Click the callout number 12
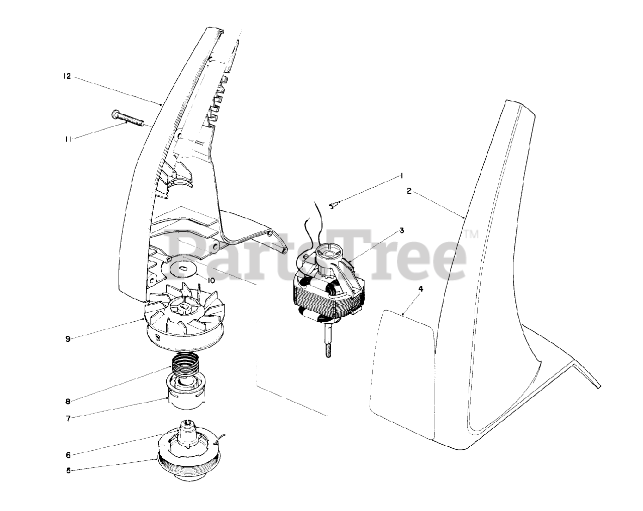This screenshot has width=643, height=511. point(67,77)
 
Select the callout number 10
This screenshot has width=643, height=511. point(211,280)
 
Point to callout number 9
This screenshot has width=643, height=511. point(67,339)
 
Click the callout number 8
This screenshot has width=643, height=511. point(67,401)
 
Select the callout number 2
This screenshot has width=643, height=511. point(409,191)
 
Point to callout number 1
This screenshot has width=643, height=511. point(402,176)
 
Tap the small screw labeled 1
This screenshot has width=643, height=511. point(334,204)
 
